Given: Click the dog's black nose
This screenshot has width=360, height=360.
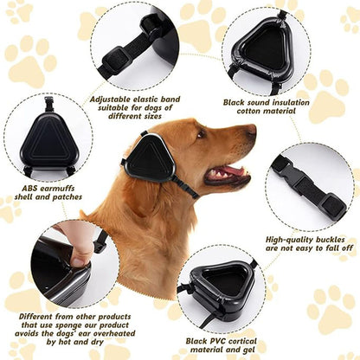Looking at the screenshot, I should [x=252, y=131].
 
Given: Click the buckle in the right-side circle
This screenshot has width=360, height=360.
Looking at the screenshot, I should [x=305, y=186].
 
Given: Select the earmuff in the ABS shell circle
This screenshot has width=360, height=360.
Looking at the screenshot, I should [x=48, y=138].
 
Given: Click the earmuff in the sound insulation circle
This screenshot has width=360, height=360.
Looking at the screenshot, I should [x=262, y=54].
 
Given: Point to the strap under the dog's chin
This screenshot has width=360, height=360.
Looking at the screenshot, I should [x=184, y=186].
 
